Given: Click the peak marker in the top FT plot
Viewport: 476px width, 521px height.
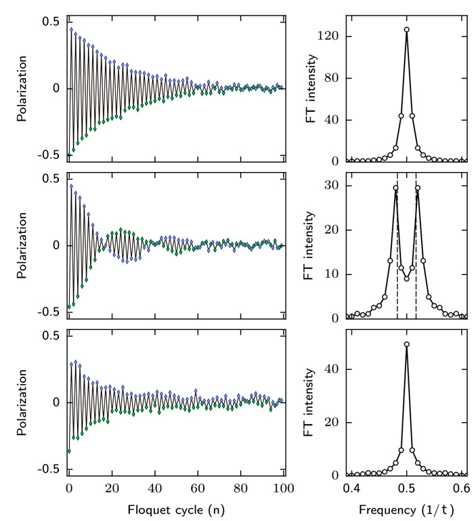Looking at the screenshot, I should pyautogui.click(x=406, y=30).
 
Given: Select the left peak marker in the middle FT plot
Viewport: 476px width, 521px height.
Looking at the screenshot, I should pyautogui.click(x=395, y=188).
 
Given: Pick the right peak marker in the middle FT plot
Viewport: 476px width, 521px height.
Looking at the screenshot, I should pyautogui.click(x=418, y=188).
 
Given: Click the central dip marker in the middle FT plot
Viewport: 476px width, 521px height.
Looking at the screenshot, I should pyautogui.click(x=406, y=278).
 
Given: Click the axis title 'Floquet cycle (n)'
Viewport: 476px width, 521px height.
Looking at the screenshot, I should pyautogui.click(x=176, y=507).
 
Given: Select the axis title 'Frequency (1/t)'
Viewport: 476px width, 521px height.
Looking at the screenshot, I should pyautogui.click(x=406, y=507).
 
